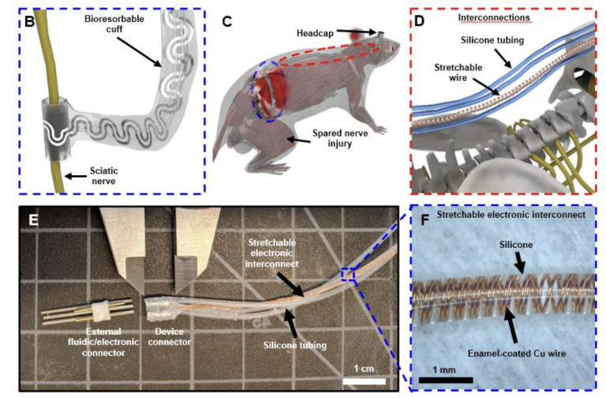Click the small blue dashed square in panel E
pyautogui.click(x=349, y=274)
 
